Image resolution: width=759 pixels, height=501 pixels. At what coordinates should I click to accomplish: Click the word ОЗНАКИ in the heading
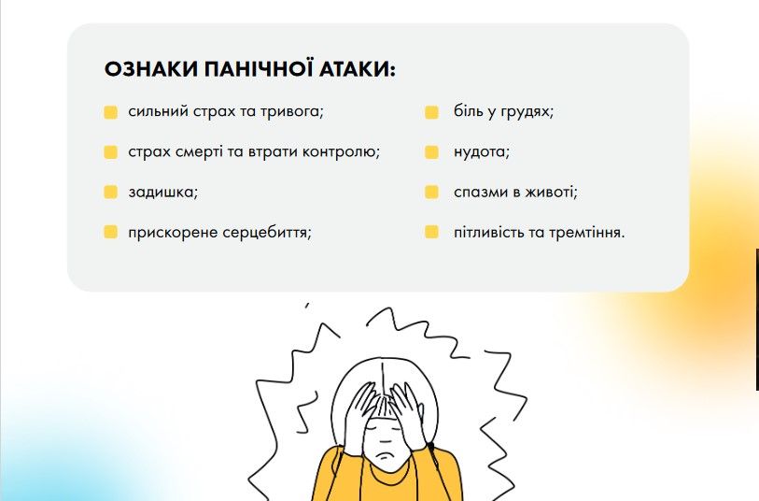tap(150, 69)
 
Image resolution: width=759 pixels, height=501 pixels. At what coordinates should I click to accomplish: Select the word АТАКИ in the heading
tap(358, 69)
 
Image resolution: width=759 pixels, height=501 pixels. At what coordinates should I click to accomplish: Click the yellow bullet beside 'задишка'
tap(110, 192)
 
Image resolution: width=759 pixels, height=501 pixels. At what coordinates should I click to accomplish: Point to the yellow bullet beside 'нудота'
tap(431, 152)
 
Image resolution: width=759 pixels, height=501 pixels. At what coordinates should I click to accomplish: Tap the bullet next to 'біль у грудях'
tap(431, 112)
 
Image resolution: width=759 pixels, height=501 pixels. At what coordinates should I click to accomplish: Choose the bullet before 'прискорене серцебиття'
tap(110, 232)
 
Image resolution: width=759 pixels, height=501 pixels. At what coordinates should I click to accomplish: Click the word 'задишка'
tap(162, 193)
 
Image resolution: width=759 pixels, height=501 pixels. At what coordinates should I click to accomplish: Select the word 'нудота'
tap(481, 152)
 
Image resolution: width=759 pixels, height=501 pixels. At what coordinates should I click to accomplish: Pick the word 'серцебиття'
tap(267, 233)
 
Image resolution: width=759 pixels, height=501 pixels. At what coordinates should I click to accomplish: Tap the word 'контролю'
tap(341, 152)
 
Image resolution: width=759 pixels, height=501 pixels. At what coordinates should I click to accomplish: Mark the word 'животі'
tap(552, 193)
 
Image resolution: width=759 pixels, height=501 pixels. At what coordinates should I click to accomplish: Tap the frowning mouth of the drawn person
tap(386, 455)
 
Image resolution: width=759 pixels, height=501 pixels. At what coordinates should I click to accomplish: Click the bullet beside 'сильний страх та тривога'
tap(110, 112)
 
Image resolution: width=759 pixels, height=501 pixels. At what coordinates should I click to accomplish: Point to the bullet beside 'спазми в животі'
tap(431, 192)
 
